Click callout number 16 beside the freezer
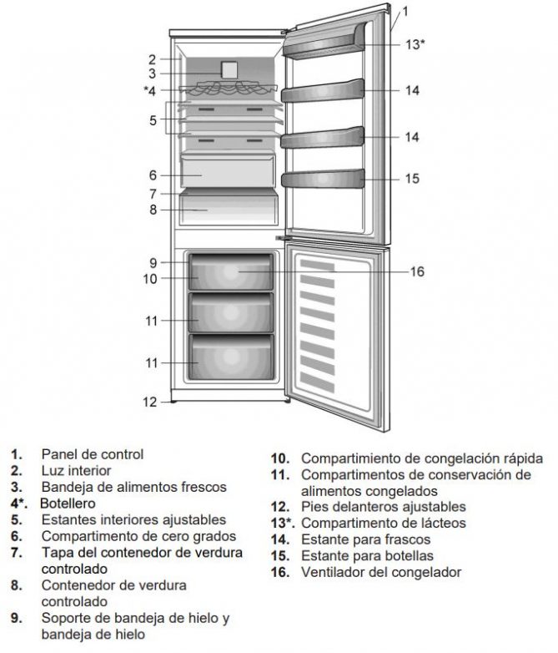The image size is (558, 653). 418,271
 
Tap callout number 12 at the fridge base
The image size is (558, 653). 149,402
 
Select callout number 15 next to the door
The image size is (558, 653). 412,179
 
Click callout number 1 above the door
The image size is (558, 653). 405,12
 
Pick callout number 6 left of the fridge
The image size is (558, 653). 153,175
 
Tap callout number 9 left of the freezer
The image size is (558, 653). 153,262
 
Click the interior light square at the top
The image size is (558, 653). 227,70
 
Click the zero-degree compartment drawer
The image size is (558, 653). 228,173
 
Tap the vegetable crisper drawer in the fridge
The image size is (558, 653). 228,209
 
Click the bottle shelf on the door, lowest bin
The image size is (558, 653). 323,179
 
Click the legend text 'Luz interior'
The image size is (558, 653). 76,470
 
